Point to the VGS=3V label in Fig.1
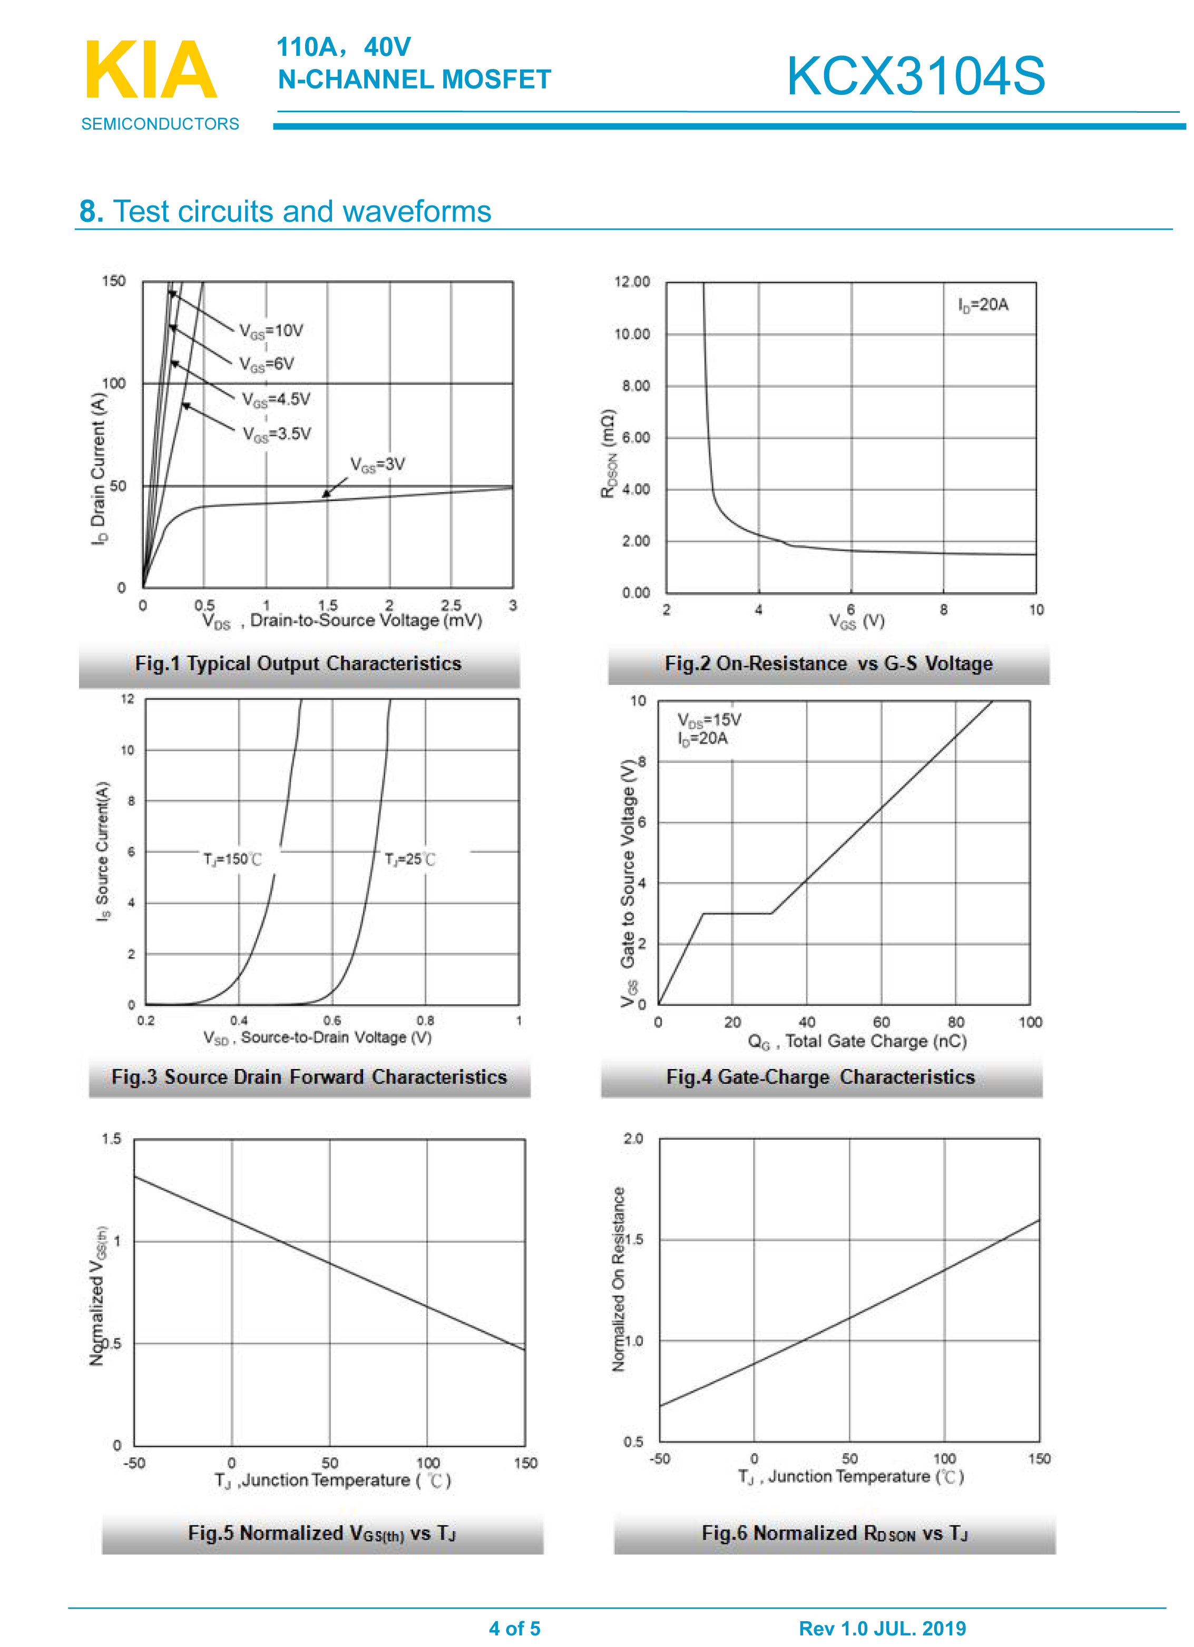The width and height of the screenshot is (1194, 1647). pyautogui.click(x=378, y=465)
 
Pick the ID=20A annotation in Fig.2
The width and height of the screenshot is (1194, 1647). pyautogui.click(x=983, y=305)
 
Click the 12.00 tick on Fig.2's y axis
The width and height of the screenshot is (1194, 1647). pyautogui.click(x=632, y=282)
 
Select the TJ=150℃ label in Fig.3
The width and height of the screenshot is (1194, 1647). pyautogui.click(x=232, y=860)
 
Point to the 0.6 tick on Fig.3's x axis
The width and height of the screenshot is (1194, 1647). pyautogui.click(x=332, y=1021)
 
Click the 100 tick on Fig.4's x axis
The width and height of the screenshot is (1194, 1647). pyautogui.click(x=1030, y=1023)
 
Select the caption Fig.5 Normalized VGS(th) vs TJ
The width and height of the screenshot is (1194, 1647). pyautogui.click(x=322, y=1533)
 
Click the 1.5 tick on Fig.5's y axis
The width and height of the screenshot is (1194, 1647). pyautogui.click(x=111, y=1139)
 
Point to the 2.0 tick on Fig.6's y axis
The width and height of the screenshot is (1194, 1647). pyautogui.click(x=633, y=1138)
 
